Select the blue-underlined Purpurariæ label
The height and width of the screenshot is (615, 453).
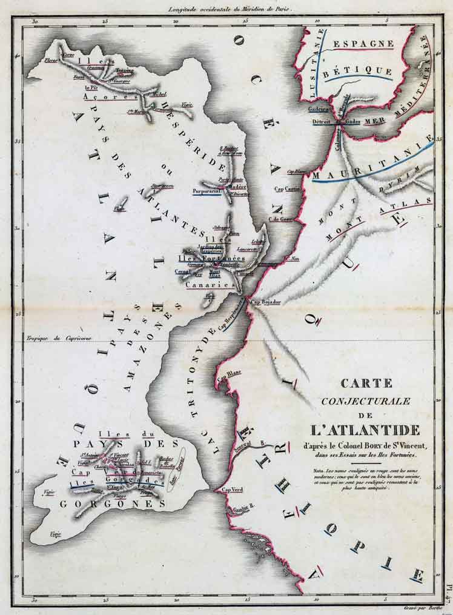[x=205, y=191]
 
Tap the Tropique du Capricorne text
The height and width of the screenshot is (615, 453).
[x=58, y=338]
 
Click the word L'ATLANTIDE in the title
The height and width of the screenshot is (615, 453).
[x=366, y=431]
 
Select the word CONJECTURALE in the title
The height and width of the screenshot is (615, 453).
[x=366, y=401]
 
